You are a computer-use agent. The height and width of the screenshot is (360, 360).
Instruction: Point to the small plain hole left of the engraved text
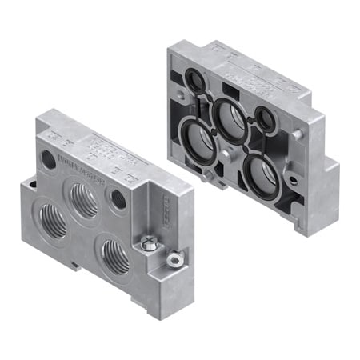pyautogui.click(x=49, y=159)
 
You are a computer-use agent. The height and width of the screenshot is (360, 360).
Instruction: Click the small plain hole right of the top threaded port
pyautogui.click(x=118, y=198)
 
